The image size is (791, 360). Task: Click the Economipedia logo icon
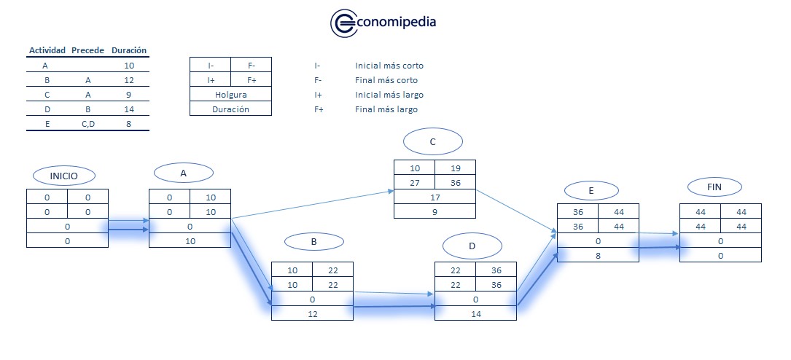click(x=343, y=23)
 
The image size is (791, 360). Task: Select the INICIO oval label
click(x=64, y=176)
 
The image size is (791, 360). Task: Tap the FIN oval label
click(x=714, y=187)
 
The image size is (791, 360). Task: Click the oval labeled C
click(x=432, y=142)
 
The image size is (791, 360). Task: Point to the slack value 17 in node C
click(x=435, y=197)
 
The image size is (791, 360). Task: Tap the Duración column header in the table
click(x=129, y=50)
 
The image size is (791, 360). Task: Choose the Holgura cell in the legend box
click(x=230, y=95)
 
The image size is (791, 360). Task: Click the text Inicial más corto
click(x=389, y=66)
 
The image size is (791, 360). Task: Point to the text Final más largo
click(x=386, y=109)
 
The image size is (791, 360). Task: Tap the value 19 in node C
click(x=455, y=168)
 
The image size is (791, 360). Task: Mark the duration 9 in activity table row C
click(x=129, y=95)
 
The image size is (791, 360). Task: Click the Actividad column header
click(x=47, y=50)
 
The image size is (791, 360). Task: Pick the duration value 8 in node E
click(x=598, y=255)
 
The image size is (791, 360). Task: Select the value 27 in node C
click(x=415, y=183)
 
